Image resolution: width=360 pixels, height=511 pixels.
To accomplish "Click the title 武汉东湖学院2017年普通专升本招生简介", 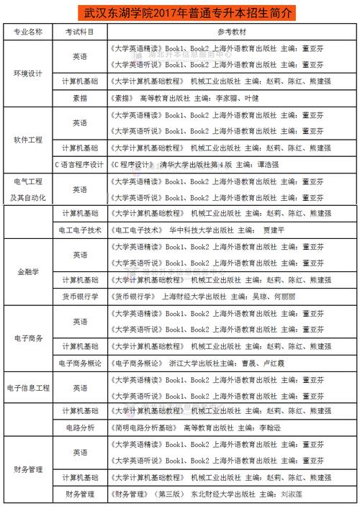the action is pos(179,13).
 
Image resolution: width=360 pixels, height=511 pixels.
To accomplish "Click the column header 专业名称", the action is pos(28,32).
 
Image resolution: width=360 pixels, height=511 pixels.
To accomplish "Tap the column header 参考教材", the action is pos(230,32).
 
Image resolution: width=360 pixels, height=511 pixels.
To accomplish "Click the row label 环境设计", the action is pos(28,73).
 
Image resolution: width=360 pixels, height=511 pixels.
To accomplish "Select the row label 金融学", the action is pos(28,272).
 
